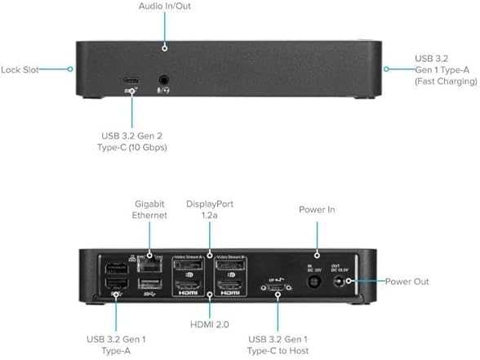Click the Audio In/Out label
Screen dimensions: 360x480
tap(165, 7)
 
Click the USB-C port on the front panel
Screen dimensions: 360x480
tap(131, 82)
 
